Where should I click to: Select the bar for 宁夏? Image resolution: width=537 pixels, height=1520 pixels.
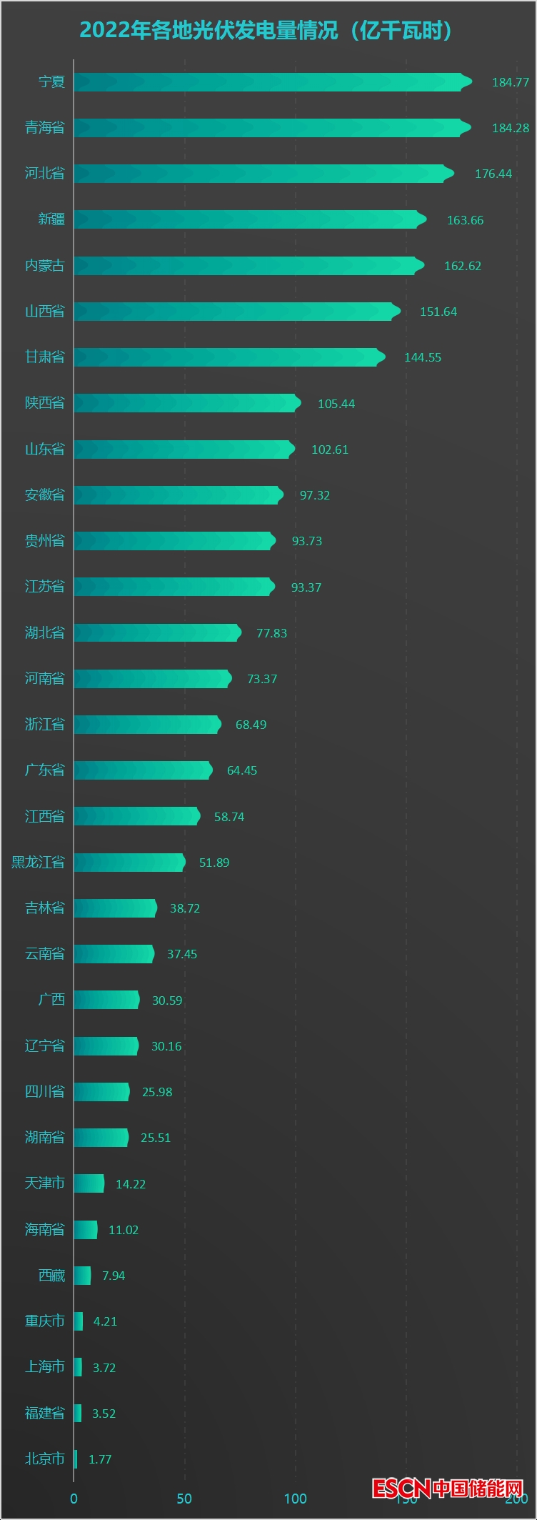(271, 82)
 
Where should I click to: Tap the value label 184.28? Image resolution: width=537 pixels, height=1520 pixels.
(511, 128)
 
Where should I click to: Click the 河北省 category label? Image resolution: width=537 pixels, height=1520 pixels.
(45, 173)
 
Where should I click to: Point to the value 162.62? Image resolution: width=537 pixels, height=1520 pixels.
(463, 266)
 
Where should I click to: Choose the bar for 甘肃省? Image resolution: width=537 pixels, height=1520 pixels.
(229, 357)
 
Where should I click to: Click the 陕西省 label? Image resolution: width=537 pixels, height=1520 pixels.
(45, 403)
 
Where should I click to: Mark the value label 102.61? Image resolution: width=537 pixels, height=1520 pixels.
(330, 449)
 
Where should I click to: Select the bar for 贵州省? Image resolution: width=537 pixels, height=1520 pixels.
(174, 541)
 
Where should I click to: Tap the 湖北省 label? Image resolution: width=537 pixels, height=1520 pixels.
(45, 632)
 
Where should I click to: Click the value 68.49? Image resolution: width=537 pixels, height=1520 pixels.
(251, 725)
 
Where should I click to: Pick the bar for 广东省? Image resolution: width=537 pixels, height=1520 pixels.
(143, 770)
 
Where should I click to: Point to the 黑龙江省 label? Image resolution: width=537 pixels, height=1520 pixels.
(38, 862)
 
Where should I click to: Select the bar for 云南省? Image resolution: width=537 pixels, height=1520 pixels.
(114, 954)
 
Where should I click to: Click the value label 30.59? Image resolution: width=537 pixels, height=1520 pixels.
(167, 1000)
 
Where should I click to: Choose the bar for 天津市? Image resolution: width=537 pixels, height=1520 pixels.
(89, 1183)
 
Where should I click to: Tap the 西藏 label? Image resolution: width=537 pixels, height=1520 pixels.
(51, 1276)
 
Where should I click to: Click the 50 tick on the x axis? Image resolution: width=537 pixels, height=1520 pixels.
(184, 1499)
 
